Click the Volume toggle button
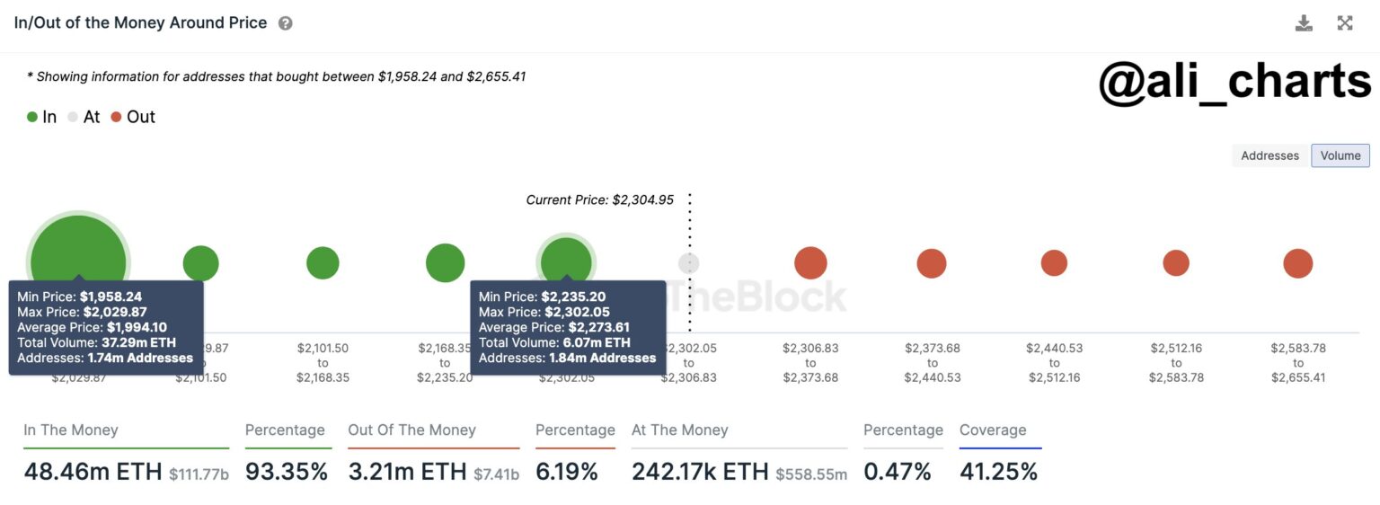(x=1340, y=155)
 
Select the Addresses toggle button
(x=1269, y=155)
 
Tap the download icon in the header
(x=1304, y=23)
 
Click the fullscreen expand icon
(x=1345, y=23)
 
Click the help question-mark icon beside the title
(x=285, y=23)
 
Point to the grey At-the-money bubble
(x=688, y=263)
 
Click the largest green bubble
(x=78, y=262)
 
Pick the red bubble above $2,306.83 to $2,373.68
(x=810, y=263)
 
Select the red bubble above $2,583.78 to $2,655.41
(x=1297, y=263)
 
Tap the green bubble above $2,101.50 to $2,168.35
(x=323, y=263)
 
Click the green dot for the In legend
(x=32, y=117)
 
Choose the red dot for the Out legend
(x=116, y=117)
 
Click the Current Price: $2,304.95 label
(x=599, y=199)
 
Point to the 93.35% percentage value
(x=287, y=472)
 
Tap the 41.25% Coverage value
(x=998, y=472)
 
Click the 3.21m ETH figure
(x=408, y=472)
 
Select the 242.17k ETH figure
(x=700, y=472)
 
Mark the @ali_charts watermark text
(x=1234, y=82)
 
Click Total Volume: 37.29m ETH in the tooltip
(x=97, y=342)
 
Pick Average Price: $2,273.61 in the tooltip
(x=554, y=327)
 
